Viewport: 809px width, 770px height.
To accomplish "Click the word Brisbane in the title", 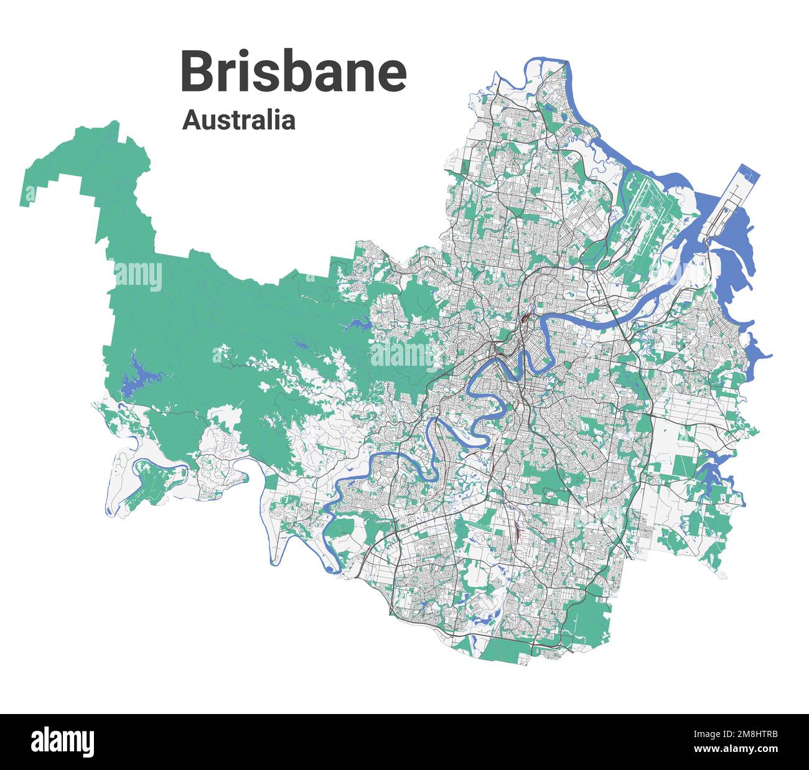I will point(294,73).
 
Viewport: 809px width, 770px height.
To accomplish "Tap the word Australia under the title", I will point(238,120).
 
